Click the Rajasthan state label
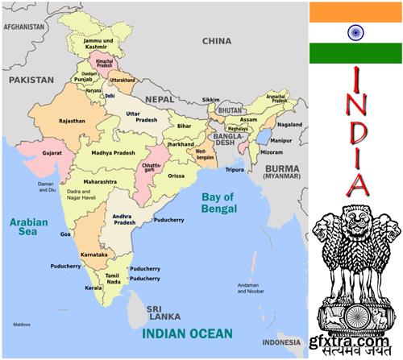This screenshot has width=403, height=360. pos(73,121)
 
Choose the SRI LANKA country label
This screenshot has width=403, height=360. pos(163,312)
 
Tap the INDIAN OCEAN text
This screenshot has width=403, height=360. pos(187,333)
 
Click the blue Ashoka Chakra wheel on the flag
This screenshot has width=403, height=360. pos(355,33)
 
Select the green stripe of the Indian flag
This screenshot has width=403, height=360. pos(355,54)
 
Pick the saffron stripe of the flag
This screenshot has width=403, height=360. pos(355,11)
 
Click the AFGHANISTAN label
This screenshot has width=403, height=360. pos(23,27)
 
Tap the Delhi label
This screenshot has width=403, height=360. pos(110,96)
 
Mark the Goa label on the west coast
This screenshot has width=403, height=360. pos(65,234)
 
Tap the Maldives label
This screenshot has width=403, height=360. pos(22,325)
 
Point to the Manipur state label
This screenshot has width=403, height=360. pos(280,140)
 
